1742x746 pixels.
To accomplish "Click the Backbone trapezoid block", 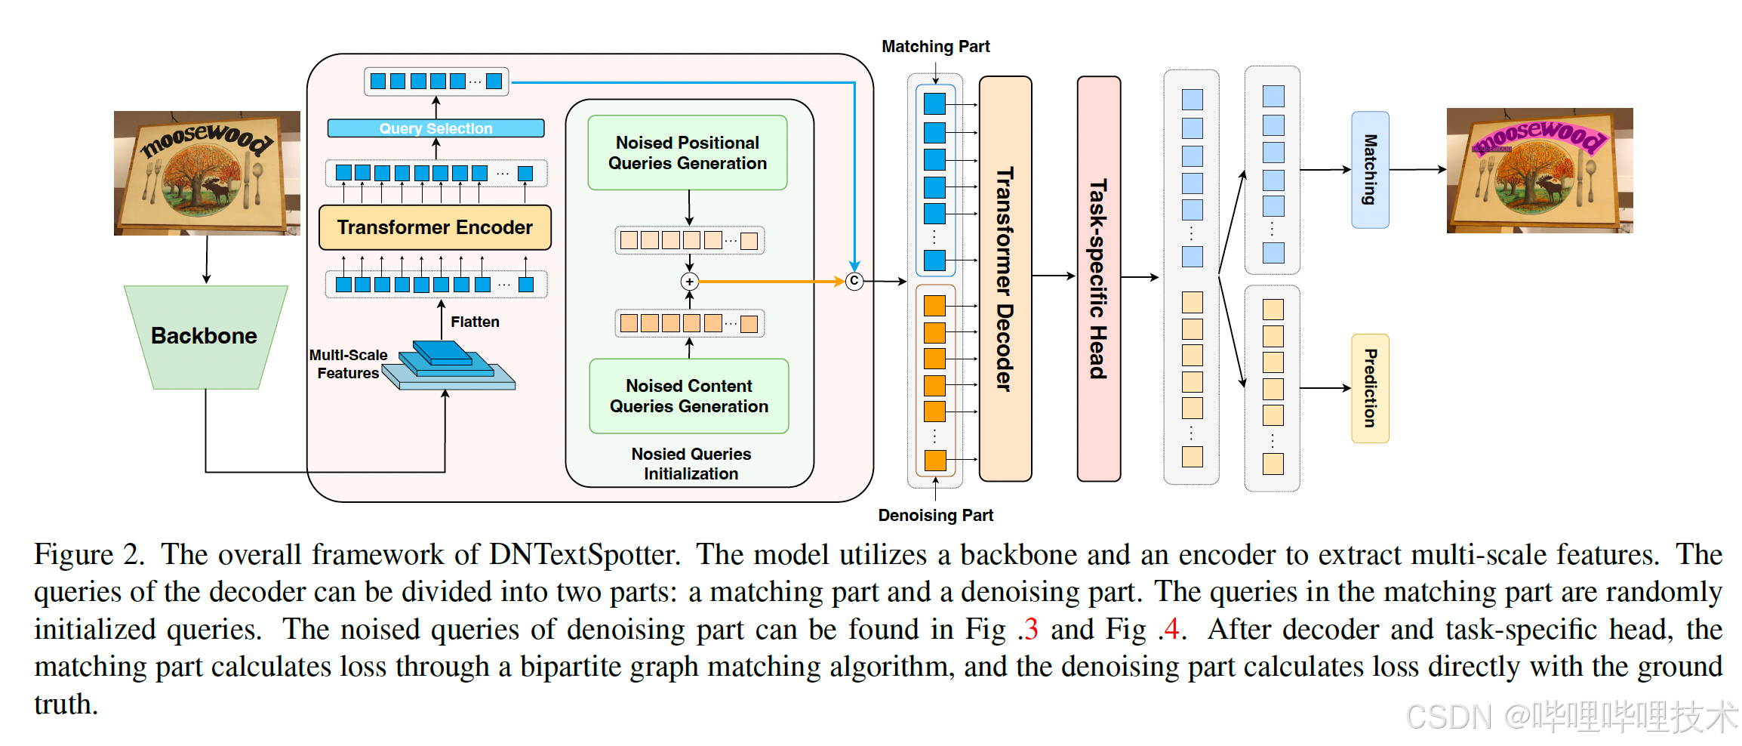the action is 205,337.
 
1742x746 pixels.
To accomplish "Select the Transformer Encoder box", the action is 435,227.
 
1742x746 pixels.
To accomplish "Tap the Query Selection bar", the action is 435,128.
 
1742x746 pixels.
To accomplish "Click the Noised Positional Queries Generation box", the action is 688,153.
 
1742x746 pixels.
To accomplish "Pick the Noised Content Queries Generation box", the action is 689,396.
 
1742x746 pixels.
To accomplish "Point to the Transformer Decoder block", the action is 1005,279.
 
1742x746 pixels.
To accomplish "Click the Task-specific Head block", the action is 1099,279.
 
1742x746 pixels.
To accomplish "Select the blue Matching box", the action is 1370,170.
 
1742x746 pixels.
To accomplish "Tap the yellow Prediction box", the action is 1370,388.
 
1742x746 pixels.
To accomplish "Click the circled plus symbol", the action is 689,282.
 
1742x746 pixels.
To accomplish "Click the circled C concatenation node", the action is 854,281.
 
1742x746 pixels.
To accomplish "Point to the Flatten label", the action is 475,322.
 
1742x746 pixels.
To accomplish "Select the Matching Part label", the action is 935,47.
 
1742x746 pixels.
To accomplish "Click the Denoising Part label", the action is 935,515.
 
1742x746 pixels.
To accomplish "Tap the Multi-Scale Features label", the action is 348,364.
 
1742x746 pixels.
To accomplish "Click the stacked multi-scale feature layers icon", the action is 449,365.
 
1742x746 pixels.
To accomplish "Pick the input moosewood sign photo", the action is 207,173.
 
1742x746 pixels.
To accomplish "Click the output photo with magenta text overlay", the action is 1540,171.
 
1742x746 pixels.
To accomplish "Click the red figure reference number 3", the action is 1031,629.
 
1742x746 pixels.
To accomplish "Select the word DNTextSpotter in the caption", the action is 584,554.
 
